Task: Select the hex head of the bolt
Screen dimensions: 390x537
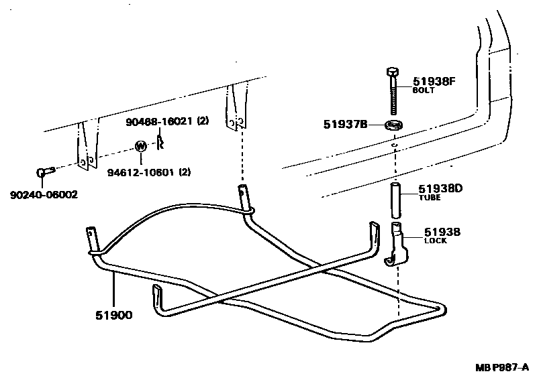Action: click(x=393, y=72)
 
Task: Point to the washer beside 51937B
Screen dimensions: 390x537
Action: click(x=394, y=125)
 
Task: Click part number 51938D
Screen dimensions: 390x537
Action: click(x=440, y=188)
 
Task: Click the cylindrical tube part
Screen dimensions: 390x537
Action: click(x=395, y=198)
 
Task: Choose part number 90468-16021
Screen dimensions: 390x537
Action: click(x=159, y=121)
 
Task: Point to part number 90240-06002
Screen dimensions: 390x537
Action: click(x=44, y=195)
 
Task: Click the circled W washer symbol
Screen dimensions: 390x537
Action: click(x=141, y=146)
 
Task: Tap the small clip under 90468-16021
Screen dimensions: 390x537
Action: click(x=160, y=141)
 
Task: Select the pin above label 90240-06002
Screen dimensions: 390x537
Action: click(x=44, y=174)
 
